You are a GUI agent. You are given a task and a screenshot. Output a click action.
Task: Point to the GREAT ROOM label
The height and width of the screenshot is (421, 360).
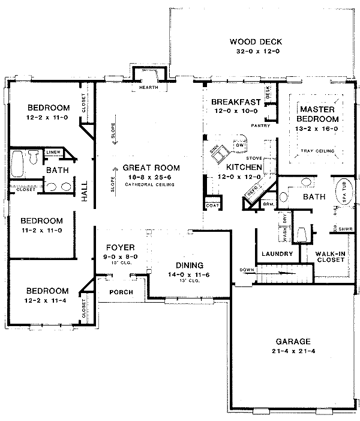(151, 168)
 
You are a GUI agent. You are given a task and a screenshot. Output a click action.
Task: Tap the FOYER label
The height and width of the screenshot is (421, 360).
(120, 247)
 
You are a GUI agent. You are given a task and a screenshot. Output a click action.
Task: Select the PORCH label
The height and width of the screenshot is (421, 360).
(121, 292)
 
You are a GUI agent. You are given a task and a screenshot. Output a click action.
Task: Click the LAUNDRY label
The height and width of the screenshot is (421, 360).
(277, 254)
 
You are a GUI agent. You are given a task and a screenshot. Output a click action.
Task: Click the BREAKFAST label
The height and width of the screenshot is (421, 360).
(235, 102)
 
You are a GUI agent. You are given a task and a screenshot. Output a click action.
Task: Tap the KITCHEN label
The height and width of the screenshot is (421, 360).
(244, 166)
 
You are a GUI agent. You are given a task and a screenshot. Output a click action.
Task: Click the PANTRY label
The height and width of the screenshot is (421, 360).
(261, 126)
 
